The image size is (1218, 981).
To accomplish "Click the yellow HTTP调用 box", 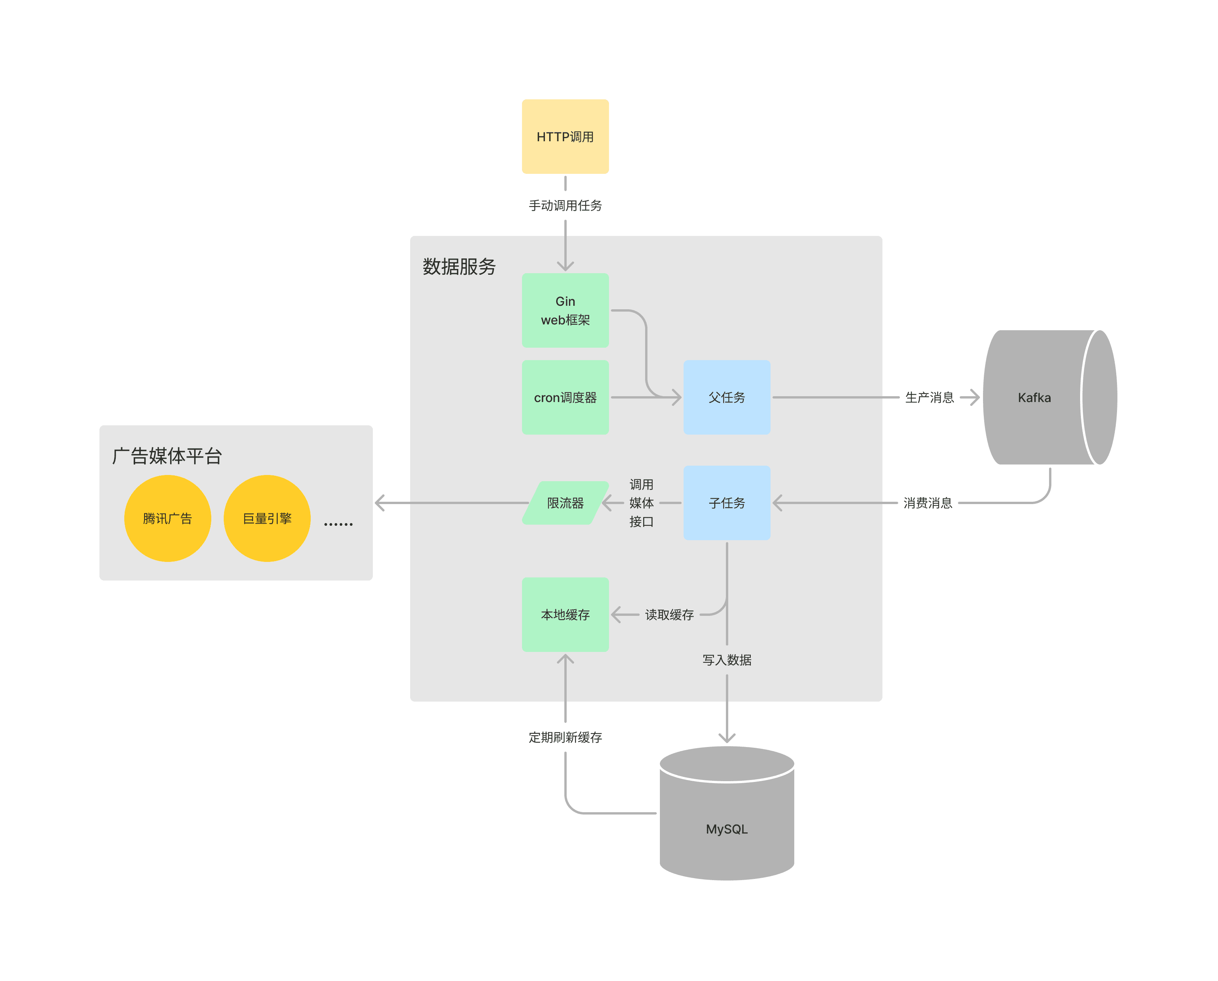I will [x=565, y=137].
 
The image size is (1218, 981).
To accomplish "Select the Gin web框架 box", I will [x=565, y=310].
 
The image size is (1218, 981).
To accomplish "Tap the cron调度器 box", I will [x=565, y=397].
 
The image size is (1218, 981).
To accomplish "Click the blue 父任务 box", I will [x=727, y=397].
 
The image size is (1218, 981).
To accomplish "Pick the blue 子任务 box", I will [x=727, y=503].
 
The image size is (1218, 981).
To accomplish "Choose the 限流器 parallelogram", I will [x=565, y=503].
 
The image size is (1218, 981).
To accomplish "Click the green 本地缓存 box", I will [x=565, y=614].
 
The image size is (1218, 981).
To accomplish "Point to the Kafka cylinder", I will [x=1035, y=397].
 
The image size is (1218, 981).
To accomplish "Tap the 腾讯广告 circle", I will [x=167, y=518].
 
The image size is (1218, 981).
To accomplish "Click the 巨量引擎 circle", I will [x=267, y=518].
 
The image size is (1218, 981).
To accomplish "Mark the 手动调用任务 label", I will [x=565, y=206].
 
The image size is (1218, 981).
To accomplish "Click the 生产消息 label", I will [x=929, y=397].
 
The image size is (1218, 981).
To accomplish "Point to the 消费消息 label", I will [x=927, y=503].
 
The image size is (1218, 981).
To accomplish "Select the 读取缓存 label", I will [x=669, y=615].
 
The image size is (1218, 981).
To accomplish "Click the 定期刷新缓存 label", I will [x=565, y=737].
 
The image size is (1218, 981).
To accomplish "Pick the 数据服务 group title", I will [x=459, y=266].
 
